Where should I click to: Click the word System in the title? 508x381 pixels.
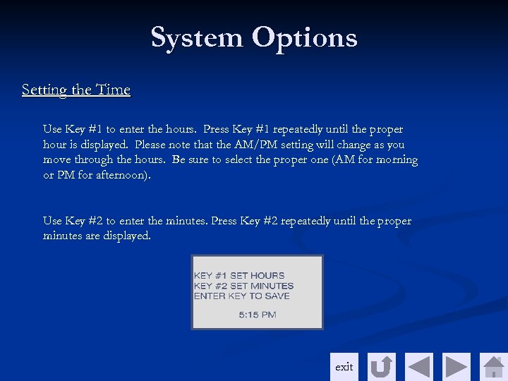198,37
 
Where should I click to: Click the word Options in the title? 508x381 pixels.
305,37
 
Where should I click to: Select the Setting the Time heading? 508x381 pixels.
76,90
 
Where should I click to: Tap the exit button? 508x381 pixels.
344,367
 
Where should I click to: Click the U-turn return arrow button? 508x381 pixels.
382,367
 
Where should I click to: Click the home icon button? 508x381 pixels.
493,367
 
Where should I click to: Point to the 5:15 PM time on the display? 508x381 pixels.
258,315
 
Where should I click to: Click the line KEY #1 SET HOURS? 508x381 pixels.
239,275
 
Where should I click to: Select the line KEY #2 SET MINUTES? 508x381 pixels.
243,286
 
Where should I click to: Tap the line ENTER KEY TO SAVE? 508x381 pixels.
241,296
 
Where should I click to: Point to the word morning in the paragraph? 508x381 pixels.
397,160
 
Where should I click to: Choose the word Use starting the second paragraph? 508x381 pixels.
52,222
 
